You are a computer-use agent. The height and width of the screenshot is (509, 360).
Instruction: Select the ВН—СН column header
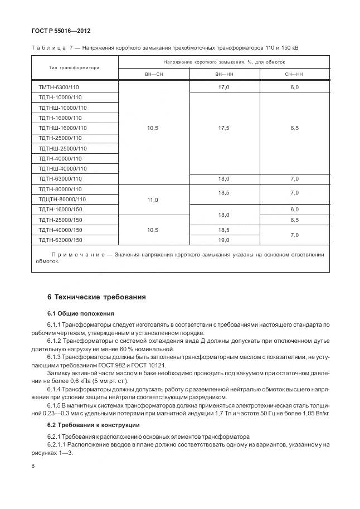coord(153,74)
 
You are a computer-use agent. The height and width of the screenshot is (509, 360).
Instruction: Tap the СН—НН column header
coord(294,74)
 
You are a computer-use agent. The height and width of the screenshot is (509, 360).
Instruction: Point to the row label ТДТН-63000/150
coord(61,240)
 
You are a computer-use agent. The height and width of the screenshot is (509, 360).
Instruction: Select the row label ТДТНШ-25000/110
coord(63,148)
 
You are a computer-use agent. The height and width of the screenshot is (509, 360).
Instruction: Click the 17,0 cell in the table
coord(224,88)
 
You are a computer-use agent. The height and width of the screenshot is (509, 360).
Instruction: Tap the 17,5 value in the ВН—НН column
coord(224,128)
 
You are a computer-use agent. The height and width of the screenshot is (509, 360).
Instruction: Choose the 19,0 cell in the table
coord(224,240)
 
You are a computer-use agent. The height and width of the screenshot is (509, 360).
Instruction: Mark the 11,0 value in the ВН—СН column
coord(153,199)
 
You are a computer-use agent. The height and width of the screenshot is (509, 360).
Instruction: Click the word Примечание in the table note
coord(79,255)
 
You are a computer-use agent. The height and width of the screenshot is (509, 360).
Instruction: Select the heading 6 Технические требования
coord(96,297)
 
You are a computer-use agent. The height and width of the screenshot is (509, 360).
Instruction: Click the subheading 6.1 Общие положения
coord(81,313)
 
